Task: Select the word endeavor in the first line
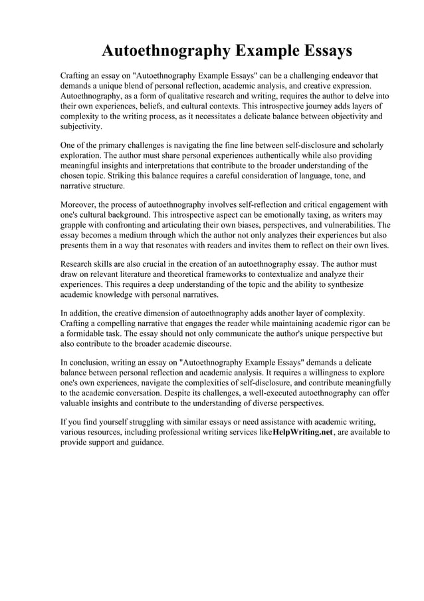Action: tap(338, 76)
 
